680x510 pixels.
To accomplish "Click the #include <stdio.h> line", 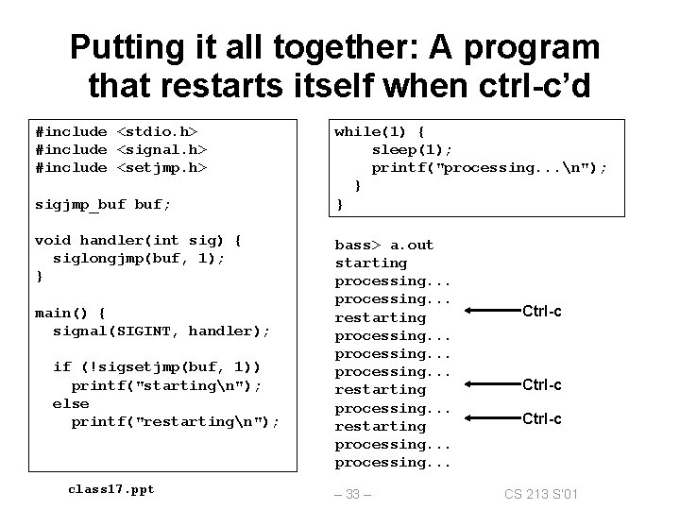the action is (121, 131).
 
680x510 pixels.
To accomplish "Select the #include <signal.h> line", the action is (121, 149).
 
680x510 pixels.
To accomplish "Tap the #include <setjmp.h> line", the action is (121, 167).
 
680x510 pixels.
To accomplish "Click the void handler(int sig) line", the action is (138, 240).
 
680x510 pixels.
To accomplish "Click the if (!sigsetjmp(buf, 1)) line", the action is (157, 366).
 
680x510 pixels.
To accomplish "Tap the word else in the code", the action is (71, 403).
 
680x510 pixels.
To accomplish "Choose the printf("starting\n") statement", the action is (166, 385).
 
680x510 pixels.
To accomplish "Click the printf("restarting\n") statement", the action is (176, 421).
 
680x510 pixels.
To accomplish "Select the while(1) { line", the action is (380, 131).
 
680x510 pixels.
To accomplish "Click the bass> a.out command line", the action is (384, 245).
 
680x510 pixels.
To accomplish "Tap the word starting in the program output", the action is (371, 263).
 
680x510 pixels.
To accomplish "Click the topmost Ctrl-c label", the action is (542, 312).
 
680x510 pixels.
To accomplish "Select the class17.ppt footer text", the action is (111, 488).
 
